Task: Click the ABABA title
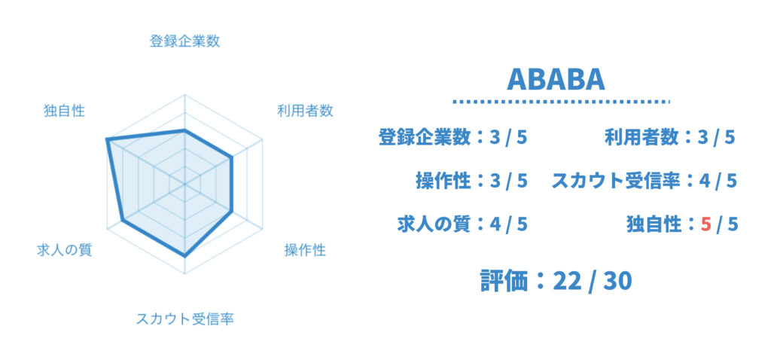(556, 78)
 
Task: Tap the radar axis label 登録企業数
(184, 41)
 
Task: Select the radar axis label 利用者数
(305, 111)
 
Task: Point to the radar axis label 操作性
(305, 250)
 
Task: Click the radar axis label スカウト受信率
(184, 319)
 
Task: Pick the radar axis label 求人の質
(65, 250)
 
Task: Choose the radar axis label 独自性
(65, 111)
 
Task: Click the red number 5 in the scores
(706, 224)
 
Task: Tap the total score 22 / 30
(592, 282)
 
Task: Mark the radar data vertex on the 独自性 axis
(107, 140)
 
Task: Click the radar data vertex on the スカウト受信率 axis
(184, 256)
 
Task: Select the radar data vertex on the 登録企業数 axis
(184, 130)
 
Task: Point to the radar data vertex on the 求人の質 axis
(123, 220)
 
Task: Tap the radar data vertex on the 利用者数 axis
(231, 157)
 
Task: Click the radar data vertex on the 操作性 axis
(231, 212)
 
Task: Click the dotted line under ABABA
(561, 102)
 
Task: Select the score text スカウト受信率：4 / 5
(645, 181)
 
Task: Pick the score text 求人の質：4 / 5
(462, 224)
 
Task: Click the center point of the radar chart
(184, 185)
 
